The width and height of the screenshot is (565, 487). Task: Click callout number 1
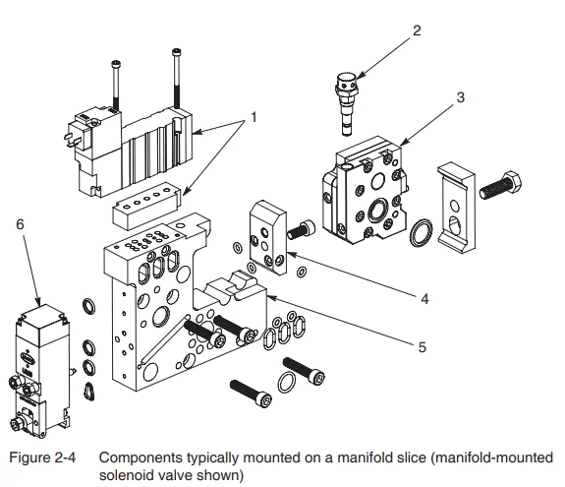click(253, 117)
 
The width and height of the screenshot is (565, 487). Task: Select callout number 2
click(417, 30)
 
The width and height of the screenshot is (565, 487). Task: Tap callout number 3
click(459, 96)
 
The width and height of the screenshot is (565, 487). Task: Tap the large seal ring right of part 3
click(422, 232)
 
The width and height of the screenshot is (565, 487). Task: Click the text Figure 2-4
click(39, 457)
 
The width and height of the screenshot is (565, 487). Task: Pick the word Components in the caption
click(137, 457)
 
